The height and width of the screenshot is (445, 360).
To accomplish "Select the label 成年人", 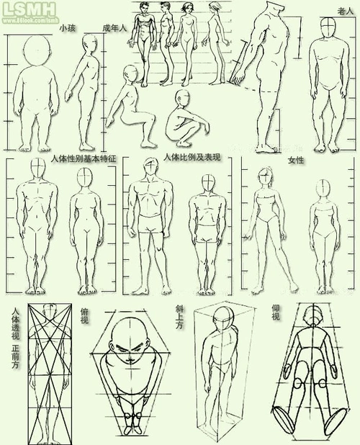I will (114, 28).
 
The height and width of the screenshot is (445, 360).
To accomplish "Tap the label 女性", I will (296, 160).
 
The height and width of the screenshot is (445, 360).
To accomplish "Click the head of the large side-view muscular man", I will (274, 12).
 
